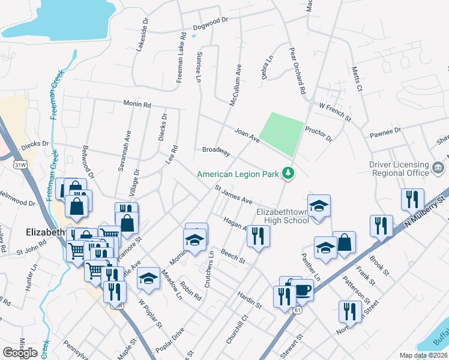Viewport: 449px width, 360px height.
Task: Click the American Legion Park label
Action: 240,174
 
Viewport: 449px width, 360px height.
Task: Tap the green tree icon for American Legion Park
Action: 289,173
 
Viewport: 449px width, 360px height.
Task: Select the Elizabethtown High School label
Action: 282,216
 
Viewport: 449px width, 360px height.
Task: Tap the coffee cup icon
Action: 301,290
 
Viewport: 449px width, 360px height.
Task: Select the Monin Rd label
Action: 137,104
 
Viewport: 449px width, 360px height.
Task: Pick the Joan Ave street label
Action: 247,135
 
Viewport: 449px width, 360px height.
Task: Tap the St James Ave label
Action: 234,196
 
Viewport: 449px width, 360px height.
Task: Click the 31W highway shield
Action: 20,164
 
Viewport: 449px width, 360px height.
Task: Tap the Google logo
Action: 20,353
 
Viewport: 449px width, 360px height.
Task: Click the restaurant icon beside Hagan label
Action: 258,235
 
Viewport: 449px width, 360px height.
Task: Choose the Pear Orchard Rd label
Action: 298,71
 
